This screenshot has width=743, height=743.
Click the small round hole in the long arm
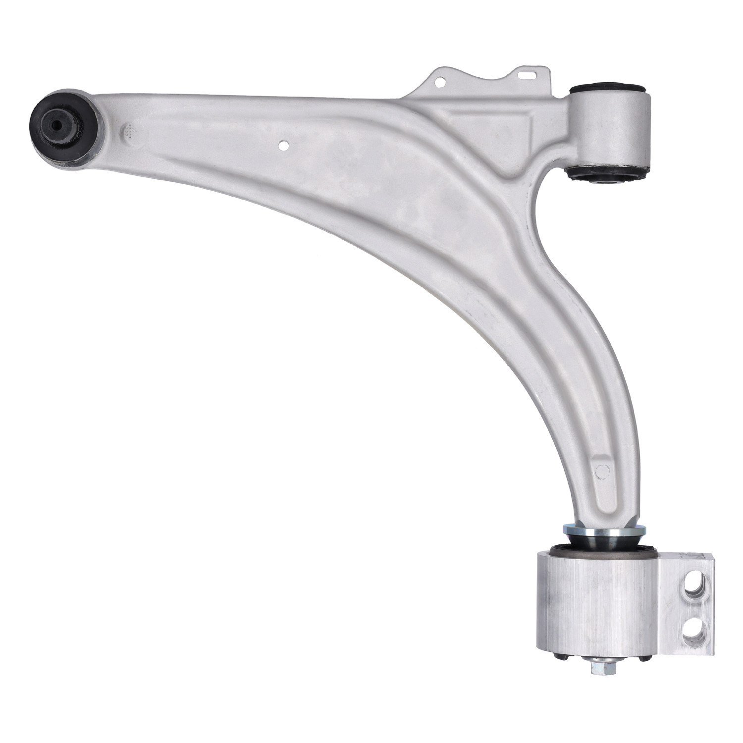click(x=283, y=146)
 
